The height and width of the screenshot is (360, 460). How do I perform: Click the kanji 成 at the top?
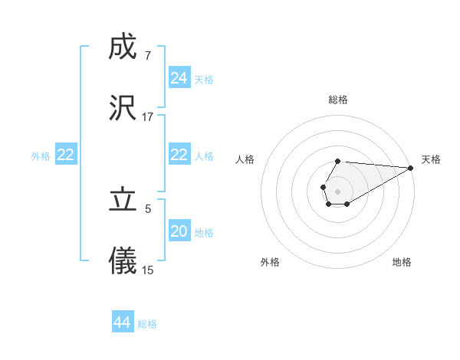pos(123,48)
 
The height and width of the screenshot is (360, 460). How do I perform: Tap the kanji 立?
pos(123,201)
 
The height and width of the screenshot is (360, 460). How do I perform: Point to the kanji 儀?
pos(123,260)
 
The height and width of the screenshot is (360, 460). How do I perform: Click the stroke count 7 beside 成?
pos(147,57)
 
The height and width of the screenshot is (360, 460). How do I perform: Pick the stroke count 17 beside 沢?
pos(147,117)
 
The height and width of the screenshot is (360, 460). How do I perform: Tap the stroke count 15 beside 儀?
pos(147,270)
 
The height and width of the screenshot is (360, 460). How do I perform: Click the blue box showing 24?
pos(179,78)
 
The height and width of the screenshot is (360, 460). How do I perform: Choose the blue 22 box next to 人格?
pos(179,155)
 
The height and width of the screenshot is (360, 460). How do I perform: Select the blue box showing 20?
pos(179,231)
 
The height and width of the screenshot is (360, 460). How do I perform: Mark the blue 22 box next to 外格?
pos(66,155)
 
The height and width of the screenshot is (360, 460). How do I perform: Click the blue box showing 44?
pos(123,322)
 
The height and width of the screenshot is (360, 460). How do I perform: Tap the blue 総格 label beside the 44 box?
pos(147,324)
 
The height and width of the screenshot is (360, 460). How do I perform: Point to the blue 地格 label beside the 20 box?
pos(204,233)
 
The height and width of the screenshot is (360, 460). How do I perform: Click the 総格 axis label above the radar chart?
pos(338,100)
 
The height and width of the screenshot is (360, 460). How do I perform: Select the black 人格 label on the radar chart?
pos(245,159)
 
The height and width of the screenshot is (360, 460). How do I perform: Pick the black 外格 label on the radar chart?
pos(270,262)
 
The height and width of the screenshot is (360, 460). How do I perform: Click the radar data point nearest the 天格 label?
pos(410,168)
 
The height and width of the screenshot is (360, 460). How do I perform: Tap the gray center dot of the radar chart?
pos(337,190)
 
